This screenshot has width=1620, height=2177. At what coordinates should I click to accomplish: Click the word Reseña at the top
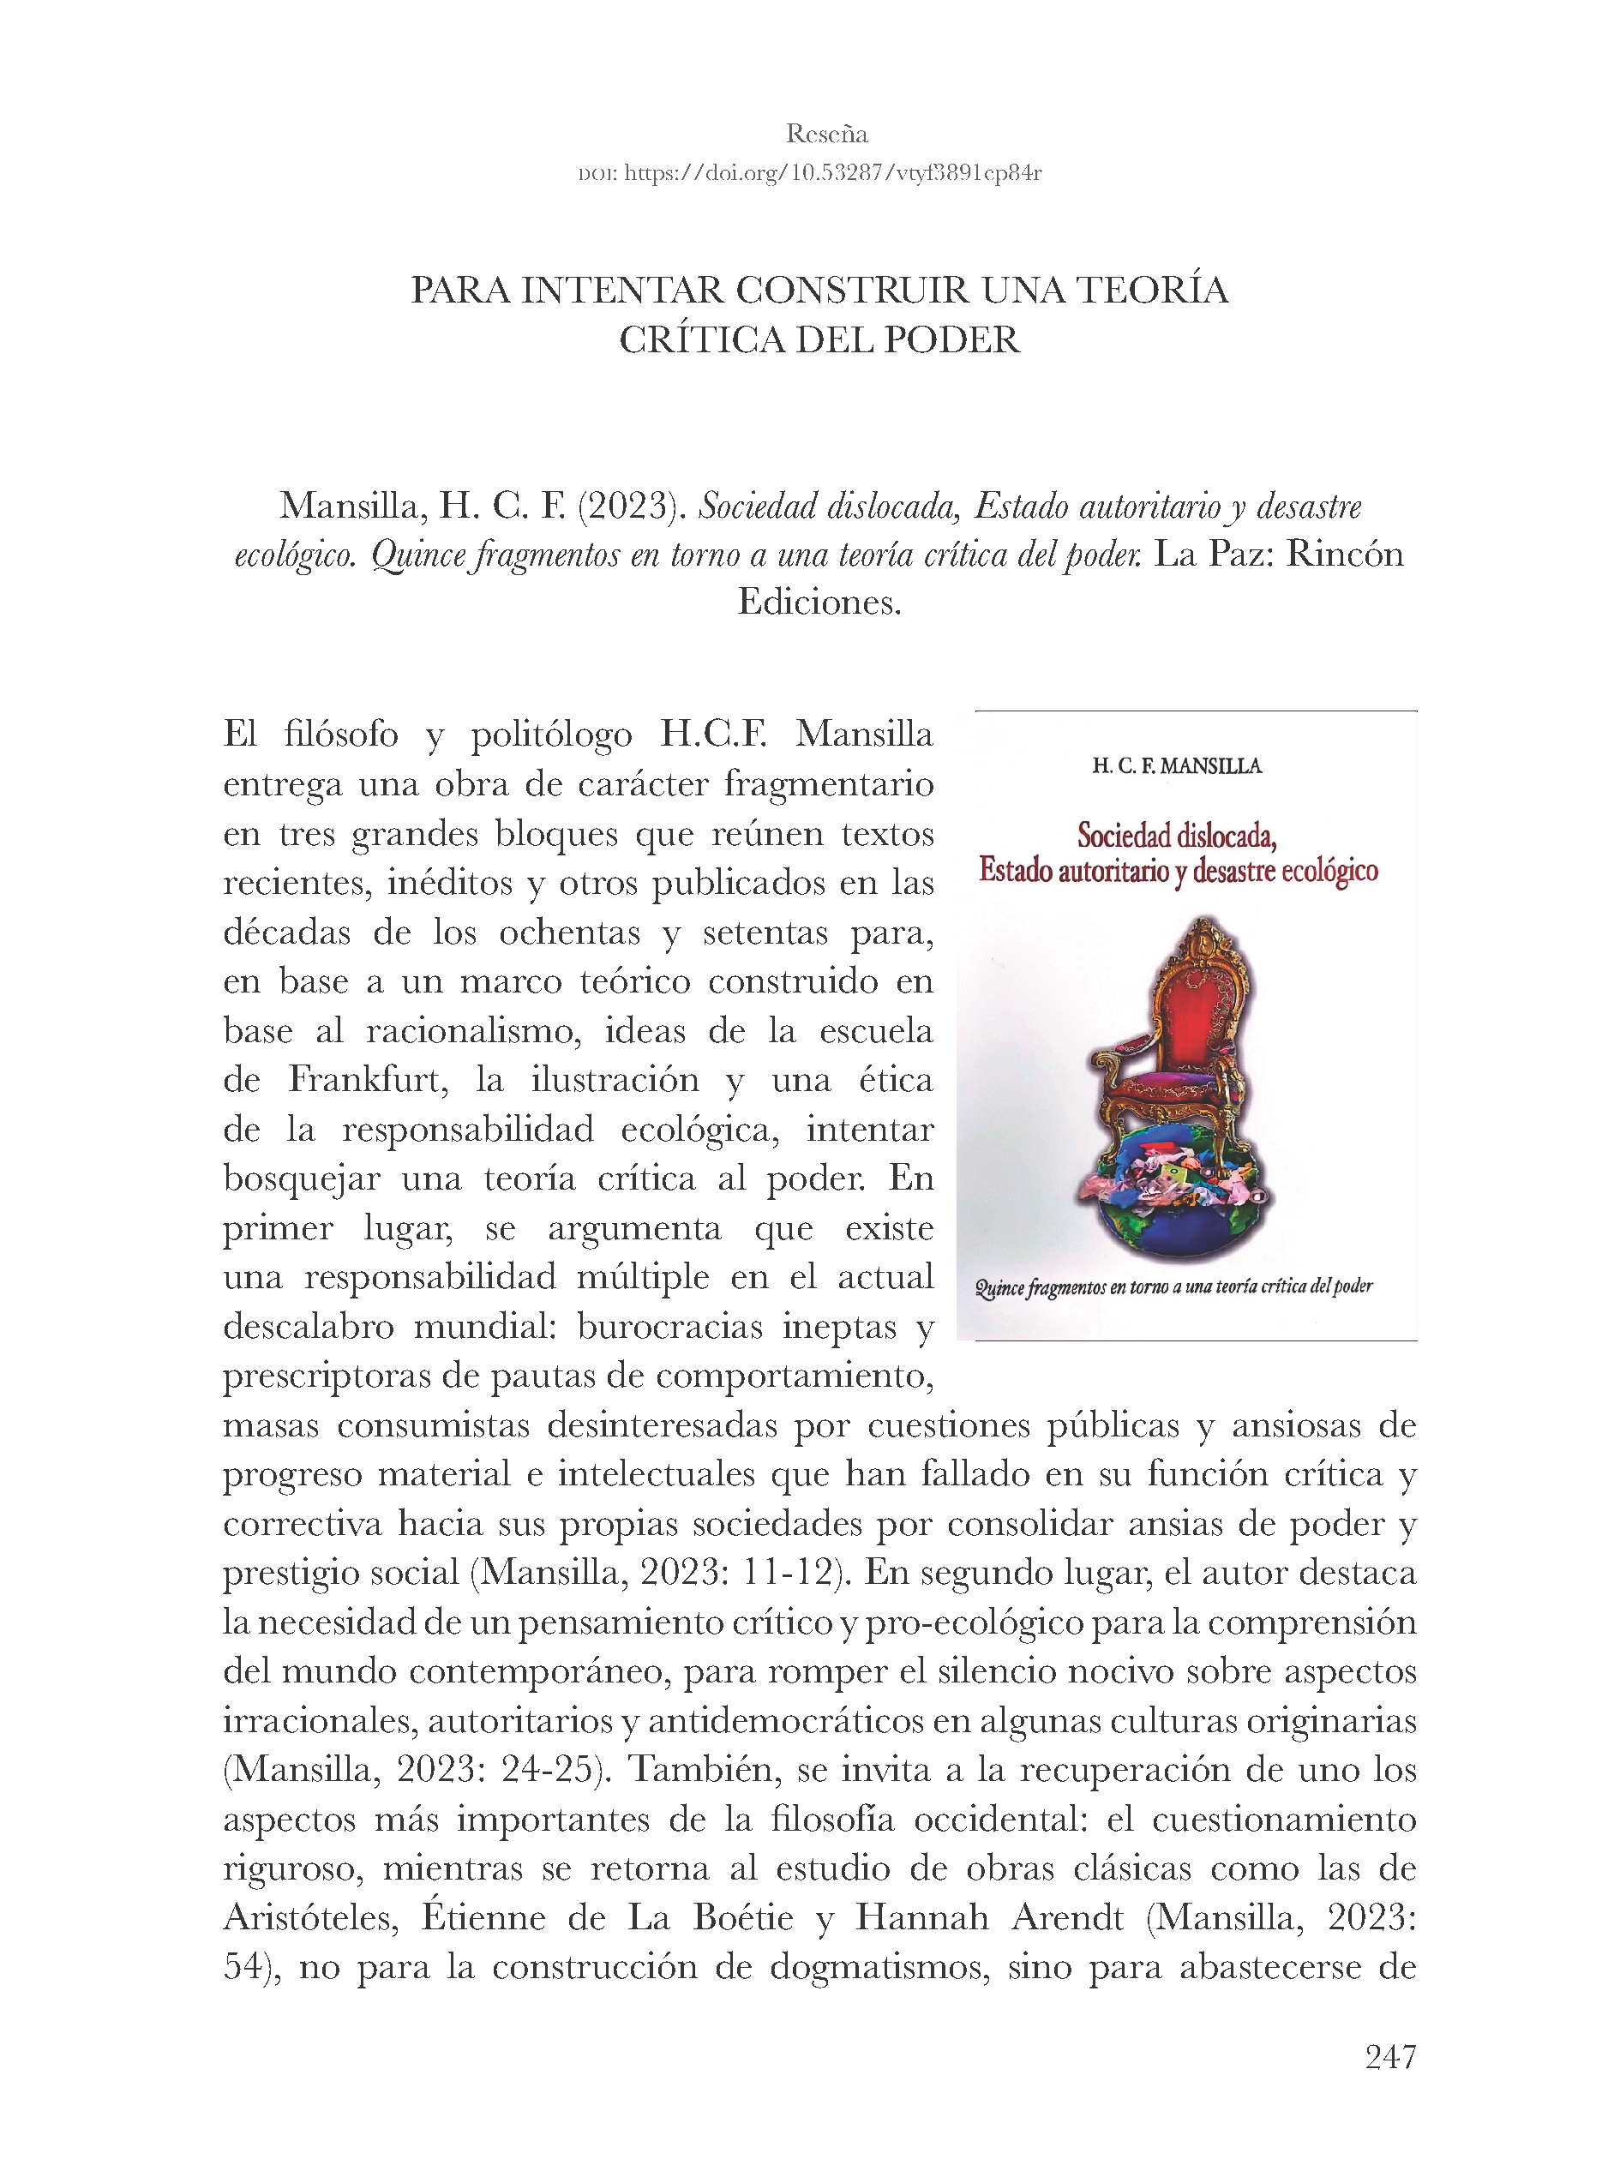[x=825, y=134]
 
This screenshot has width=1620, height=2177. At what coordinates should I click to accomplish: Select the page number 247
[x=1389, y=2055]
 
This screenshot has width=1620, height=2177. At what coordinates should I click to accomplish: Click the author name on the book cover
[x=1177, y=766]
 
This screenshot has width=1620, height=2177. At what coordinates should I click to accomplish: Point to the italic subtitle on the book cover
[x=1173, y=1286]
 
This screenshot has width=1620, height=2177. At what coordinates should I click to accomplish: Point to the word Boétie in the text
[x=742, y=1917]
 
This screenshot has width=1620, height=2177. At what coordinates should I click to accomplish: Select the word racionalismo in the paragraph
[x=474, y=1030]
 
